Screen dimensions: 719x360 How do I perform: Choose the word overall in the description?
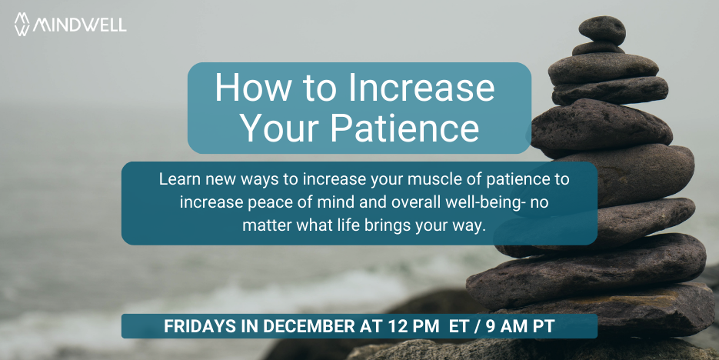click(x=423, y=202)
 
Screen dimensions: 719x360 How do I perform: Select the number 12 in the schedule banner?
click(x=397, y=326)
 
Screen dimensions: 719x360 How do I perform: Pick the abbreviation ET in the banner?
click(x=459, y=326)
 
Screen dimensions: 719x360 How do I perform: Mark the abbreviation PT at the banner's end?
click(x=544, y=326)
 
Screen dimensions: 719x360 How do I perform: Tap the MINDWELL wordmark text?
click(x=79, y=25)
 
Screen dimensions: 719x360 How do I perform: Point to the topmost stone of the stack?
click(x=601, y=29)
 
